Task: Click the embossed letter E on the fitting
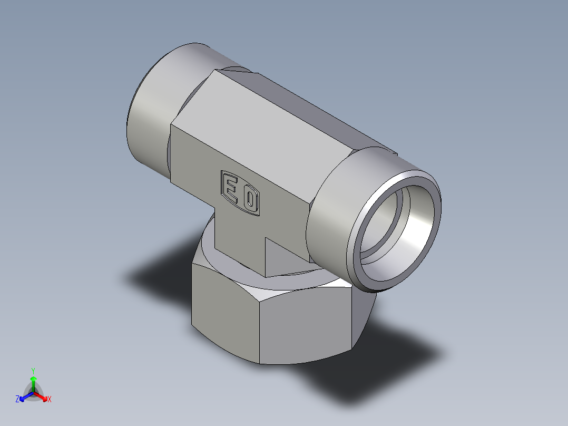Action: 231,187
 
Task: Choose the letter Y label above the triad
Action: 33,371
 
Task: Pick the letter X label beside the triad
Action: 50,400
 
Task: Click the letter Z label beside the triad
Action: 17,400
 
